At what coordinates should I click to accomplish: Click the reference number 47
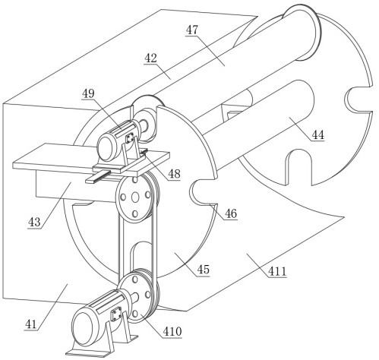click(x=192, y=30)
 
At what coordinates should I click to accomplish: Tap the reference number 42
click(x=150, y=58)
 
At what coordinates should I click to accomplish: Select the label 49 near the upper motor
click(x=88, y=93)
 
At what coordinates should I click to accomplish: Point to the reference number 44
click(x=317, y=134)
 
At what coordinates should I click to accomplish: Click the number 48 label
click(x=174, y=174)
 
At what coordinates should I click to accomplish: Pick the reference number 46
click(x=231, y=213)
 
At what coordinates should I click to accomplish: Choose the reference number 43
click(x=34, y=223)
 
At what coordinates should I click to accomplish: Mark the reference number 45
click(x=204, y=270)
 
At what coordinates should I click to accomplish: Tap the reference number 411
click(x=277, y=271)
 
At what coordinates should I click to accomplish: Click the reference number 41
click(x=31, y=324)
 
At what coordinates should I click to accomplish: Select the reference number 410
click(x=172, y=331)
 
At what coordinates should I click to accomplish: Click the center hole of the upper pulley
click(x=135, y=197)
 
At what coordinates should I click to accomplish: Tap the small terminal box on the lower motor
click(x=116, y=314)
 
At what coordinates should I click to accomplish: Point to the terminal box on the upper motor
click(x=130, y=139)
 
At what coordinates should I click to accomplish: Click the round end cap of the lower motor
click(x=83, y=328)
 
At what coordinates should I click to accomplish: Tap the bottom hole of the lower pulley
click(x=135, y=314)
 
